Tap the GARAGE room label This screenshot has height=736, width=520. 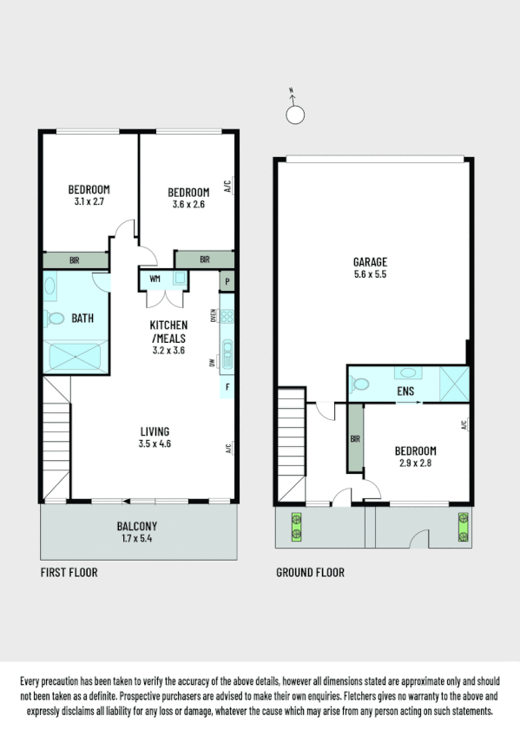coord(370,262)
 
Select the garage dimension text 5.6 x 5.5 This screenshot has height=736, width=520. coord(370,274)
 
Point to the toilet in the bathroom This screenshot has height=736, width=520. coord(56,319)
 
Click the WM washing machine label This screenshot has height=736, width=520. coord(155,279)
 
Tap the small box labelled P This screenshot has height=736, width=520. coord(227,281)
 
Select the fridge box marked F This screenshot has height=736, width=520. coord(227,386)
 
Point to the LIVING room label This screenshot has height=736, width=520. coord(155,431)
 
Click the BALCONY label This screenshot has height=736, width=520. coord(137,526)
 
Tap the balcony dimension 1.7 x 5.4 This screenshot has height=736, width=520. coord(137,538)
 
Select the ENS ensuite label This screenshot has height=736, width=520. coord(405,391)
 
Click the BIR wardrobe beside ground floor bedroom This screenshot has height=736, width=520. coord(355,439)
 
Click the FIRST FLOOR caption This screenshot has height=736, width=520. coord(69,573)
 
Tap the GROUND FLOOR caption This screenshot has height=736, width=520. coord(310,573)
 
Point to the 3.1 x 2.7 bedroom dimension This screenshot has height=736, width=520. coord(89,202)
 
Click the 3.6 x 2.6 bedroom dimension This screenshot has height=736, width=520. coord(188,205)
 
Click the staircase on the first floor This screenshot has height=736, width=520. coord(56,439)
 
